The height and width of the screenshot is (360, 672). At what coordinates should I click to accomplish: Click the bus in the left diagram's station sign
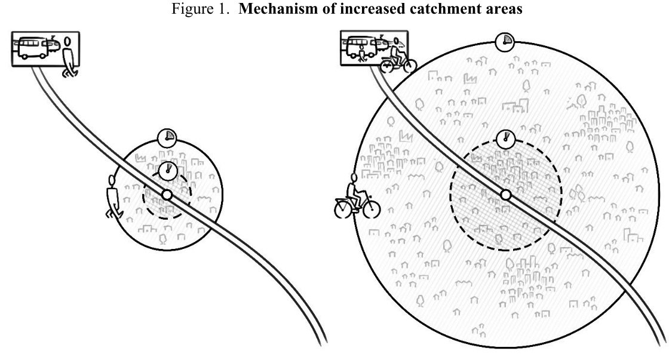[33, 48]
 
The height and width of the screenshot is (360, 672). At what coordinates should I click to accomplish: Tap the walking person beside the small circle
[112, 196]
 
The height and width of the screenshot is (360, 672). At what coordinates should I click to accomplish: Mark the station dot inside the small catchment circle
[167, 194]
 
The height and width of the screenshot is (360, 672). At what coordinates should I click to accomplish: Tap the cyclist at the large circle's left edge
[357, 198]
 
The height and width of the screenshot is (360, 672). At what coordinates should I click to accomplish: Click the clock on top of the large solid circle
[505, 41]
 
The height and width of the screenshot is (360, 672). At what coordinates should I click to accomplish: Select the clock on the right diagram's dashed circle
[506, 139]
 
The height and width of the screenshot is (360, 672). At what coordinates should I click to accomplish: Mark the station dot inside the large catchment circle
[506, 195]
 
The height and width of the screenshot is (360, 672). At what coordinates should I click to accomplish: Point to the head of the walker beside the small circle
[112, 180]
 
